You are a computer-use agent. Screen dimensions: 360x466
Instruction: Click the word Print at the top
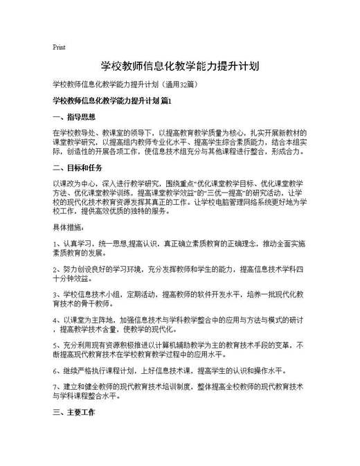point(59,48)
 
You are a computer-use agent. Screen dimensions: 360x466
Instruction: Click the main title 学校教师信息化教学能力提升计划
point(180,66)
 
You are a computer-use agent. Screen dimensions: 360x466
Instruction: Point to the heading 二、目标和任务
point(78,168)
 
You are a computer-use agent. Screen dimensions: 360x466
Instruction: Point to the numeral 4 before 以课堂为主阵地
point(55,320)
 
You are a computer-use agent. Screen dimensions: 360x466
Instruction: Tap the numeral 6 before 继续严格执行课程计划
point(55,369)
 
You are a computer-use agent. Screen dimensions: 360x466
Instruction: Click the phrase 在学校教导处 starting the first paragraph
point(73,131)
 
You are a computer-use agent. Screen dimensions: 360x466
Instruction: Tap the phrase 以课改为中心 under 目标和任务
point(73,182)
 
